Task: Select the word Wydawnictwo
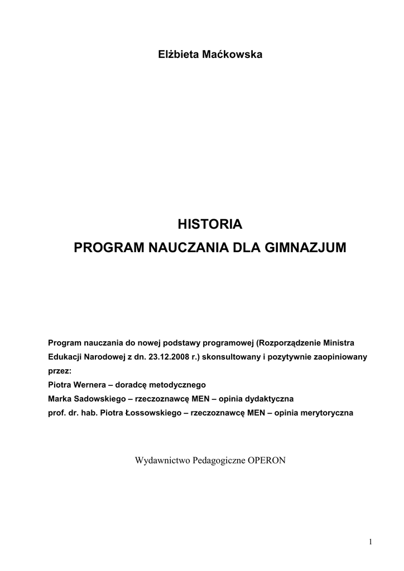point(162,461)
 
